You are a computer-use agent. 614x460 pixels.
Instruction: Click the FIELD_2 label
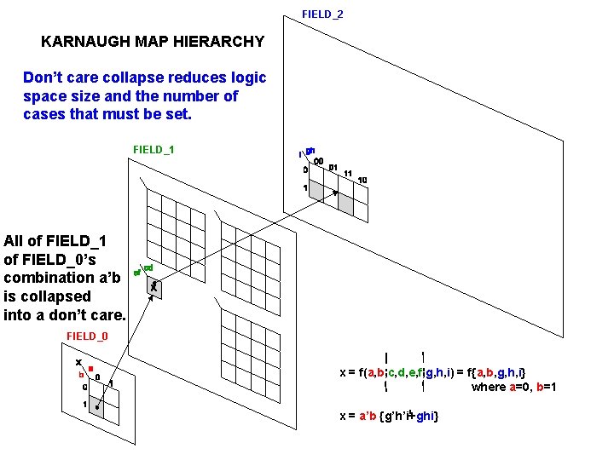(322, 14)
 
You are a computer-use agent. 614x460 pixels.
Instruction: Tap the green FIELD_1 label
(153, 150)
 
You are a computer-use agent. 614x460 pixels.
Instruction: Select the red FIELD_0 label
(87, 336)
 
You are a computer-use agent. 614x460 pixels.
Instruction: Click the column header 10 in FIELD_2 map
(362, 181)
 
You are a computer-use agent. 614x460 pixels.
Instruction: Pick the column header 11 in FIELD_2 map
(348, 174)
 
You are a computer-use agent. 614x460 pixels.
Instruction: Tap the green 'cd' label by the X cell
(148, 268)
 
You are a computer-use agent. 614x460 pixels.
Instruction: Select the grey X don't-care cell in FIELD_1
(153, 288)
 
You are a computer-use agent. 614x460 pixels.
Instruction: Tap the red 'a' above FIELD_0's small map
(90, 369)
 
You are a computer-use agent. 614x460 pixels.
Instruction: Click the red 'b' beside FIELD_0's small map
(81, 375)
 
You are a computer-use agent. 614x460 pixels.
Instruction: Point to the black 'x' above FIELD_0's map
(78, 362)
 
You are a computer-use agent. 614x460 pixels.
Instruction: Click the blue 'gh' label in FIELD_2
(310, 152)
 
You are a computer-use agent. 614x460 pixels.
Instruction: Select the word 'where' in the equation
(489, 388)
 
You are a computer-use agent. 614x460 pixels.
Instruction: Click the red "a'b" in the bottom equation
(368, 416)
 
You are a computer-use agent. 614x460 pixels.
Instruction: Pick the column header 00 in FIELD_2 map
(317, 162)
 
